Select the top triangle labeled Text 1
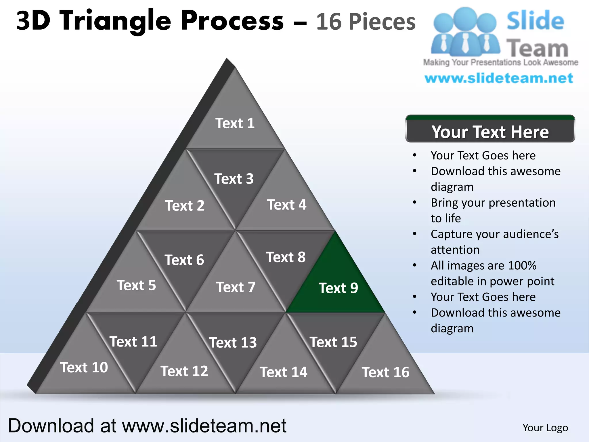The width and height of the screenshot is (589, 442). [235, 123]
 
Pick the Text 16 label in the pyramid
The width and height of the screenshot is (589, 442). [385, 372]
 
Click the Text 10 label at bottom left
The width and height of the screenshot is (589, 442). [84, 367]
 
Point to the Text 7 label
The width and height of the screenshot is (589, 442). [236, 287]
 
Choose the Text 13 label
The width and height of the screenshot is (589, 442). [233, 342]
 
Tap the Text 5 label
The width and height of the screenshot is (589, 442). [136, 285]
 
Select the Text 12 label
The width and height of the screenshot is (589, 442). [184, 371]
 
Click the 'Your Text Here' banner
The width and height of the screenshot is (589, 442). [490, 132]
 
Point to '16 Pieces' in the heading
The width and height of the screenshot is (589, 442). [366, 22]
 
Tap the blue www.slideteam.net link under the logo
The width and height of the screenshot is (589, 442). [499, 78]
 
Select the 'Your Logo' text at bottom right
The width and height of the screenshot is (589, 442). [545, 428]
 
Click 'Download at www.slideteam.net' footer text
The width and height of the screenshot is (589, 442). [147, 426]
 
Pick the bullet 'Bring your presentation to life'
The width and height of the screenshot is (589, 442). [493, 210]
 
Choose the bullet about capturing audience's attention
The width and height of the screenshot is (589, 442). [494, 242]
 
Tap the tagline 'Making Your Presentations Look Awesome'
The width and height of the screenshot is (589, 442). [500, 62]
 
